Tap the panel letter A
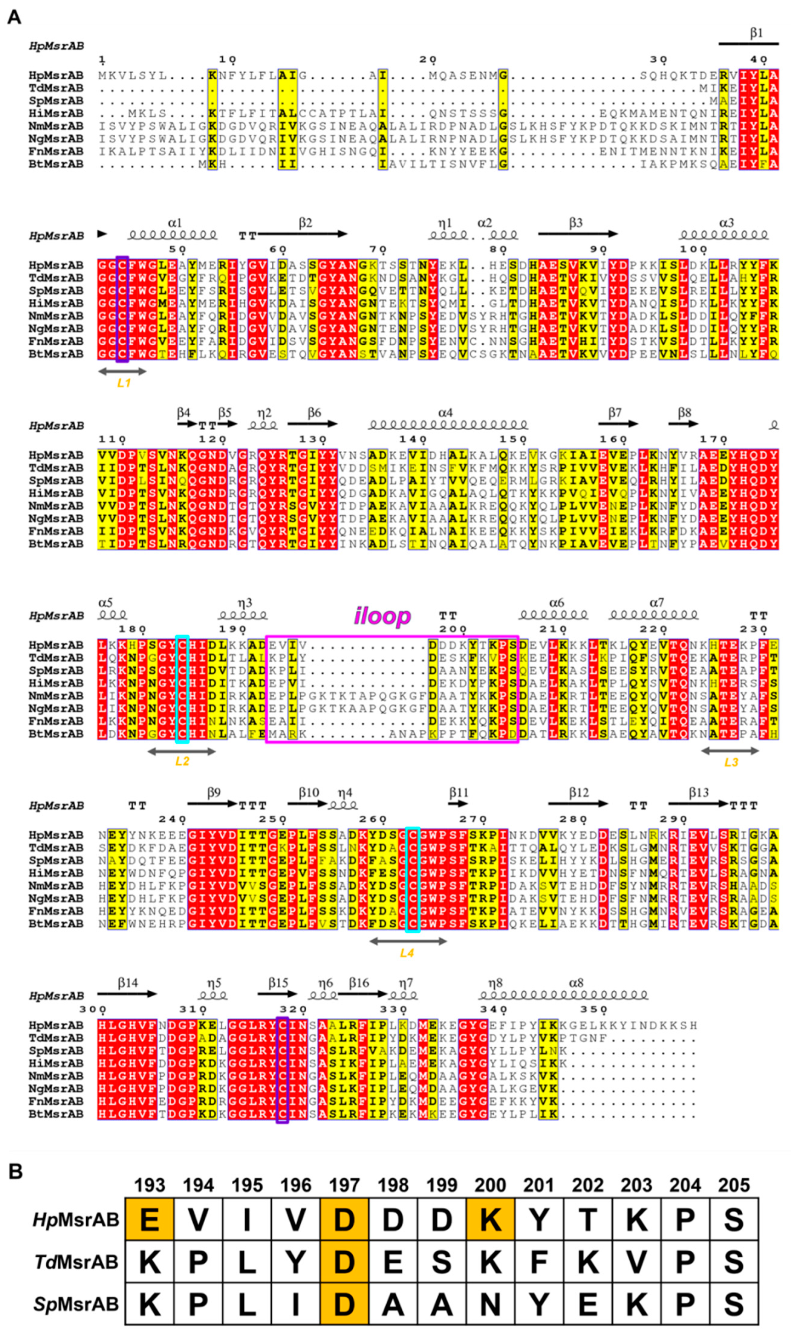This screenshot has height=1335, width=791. (14, 17)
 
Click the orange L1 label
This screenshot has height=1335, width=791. (124, 383)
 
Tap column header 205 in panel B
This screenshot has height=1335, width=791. (734, 1185)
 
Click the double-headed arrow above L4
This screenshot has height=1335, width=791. (408, 941)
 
